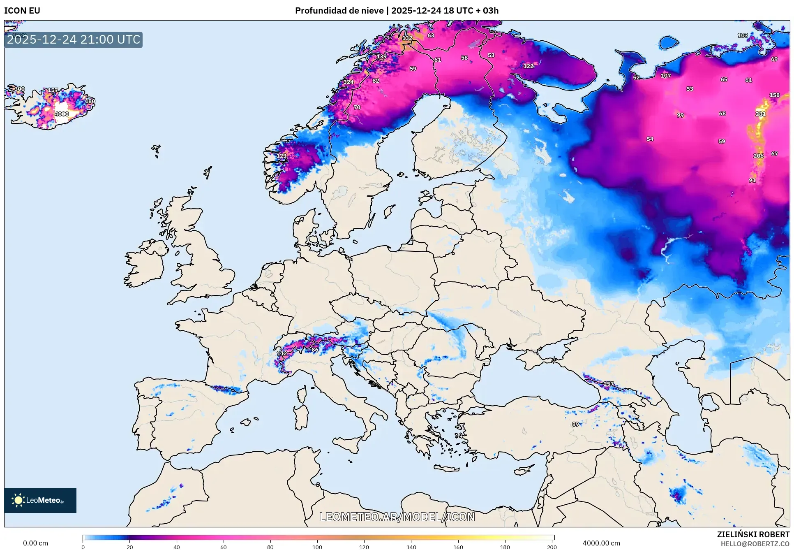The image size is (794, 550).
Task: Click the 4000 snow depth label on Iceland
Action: click(62, 114)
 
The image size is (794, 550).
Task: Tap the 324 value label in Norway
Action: click(349, 82)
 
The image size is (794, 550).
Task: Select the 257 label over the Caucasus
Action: click(608, 384)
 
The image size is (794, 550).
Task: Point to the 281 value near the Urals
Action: click(760, 114)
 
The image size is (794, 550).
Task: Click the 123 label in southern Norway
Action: click(282, 156)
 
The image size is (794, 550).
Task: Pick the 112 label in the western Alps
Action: click(282, 353)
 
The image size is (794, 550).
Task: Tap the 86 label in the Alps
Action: click(315, 350)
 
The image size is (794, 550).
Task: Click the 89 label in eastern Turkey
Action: click(575, 424)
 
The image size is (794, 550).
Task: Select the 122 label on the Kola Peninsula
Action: click(528, 66)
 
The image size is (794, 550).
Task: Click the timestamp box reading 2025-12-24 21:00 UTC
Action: click(74, 39)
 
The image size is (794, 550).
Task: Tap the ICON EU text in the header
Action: click(22, 11)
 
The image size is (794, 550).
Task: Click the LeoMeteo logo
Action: click(40, 500)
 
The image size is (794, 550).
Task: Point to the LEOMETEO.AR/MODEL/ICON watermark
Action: click(397, 517)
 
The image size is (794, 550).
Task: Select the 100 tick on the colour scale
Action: click(317, 547)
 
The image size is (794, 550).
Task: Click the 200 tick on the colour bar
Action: click(552, 547)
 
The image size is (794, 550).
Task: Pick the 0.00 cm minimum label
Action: click(35, 543)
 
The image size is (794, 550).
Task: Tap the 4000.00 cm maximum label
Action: click(601, 543)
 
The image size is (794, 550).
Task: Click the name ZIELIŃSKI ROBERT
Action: click(753, 534)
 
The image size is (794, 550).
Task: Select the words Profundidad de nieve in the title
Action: click(339, 11)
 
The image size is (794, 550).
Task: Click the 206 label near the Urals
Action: click(758, 156)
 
